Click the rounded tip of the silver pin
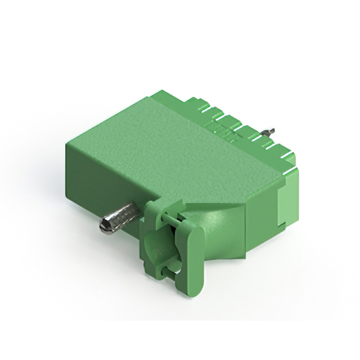pyautogui.click(x=105, y=227)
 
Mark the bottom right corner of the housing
pyautogui.click(x=292, y=225)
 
